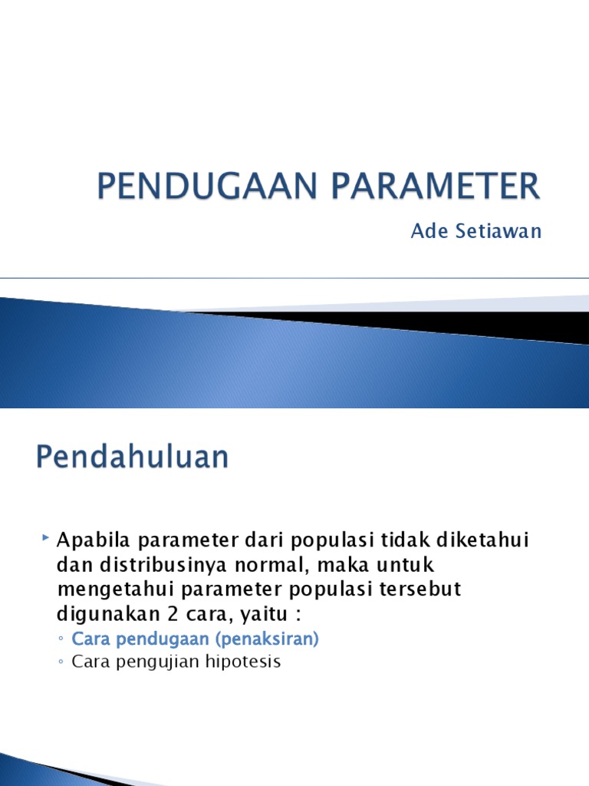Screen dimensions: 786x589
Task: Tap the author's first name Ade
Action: pos(427,231)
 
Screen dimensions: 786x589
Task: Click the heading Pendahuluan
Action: pos(132,457)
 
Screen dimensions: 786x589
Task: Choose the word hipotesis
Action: pos(245,661)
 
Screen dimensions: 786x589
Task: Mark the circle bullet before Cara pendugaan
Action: pos(61,639)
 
